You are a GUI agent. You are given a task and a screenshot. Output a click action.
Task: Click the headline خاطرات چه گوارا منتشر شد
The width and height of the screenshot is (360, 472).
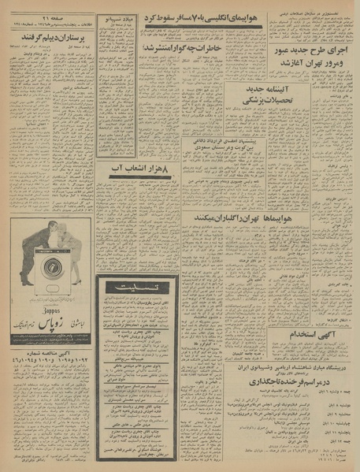179,48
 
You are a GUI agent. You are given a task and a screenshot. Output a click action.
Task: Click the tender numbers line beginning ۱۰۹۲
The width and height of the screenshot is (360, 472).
52,356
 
